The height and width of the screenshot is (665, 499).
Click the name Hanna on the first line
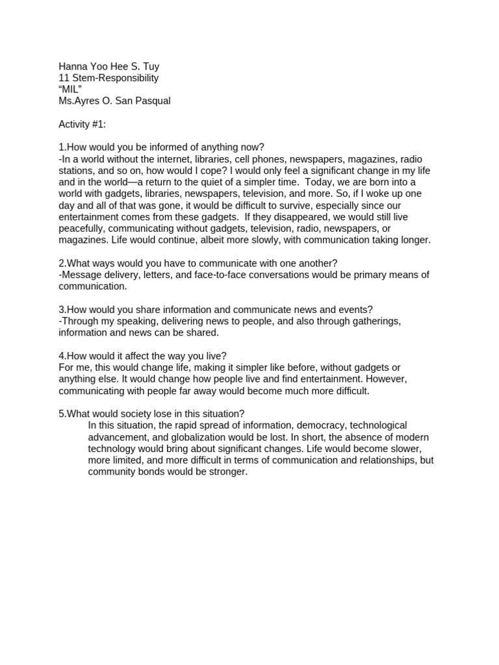click(x=73, y=66)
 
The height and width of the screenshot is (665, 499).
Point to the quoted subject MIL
click(x=70, y=90)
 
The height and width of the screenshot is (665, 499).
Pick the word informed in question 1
click(x=162, y=147)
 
